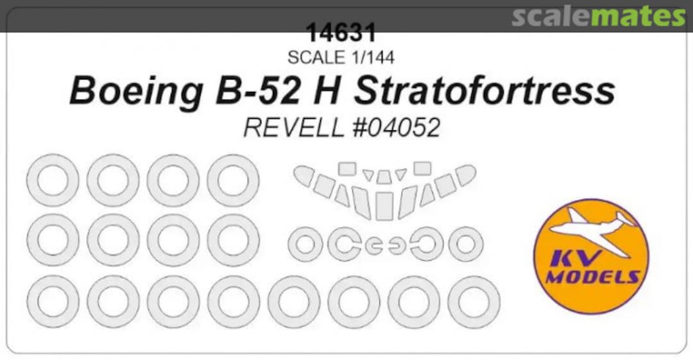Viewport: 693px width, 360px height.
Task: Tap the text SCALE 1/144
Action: [341, 57]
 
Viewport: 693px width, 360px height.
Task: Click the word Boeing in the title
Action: [134, 91]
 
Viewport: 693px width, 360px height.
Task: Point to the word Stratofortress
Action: [484, 91]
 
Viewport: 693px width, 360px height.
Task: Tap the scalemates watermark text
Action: [598, 16]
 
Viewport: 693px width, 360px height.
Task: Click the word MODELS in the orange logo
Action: [592, 277]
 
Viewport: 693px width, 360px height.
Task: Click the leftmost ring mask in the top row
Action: [53, 180]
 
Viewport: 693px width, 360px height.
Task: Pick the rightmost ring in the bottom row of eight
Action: [474, 302]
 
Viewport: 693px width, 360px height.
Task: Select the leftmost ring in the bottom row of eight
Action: [53, 302]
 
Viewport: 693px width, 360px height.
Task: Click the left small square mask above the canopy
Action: [347, 168]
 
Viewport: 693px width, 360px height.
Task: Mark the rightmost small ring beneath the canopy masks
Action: [465, 245]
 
